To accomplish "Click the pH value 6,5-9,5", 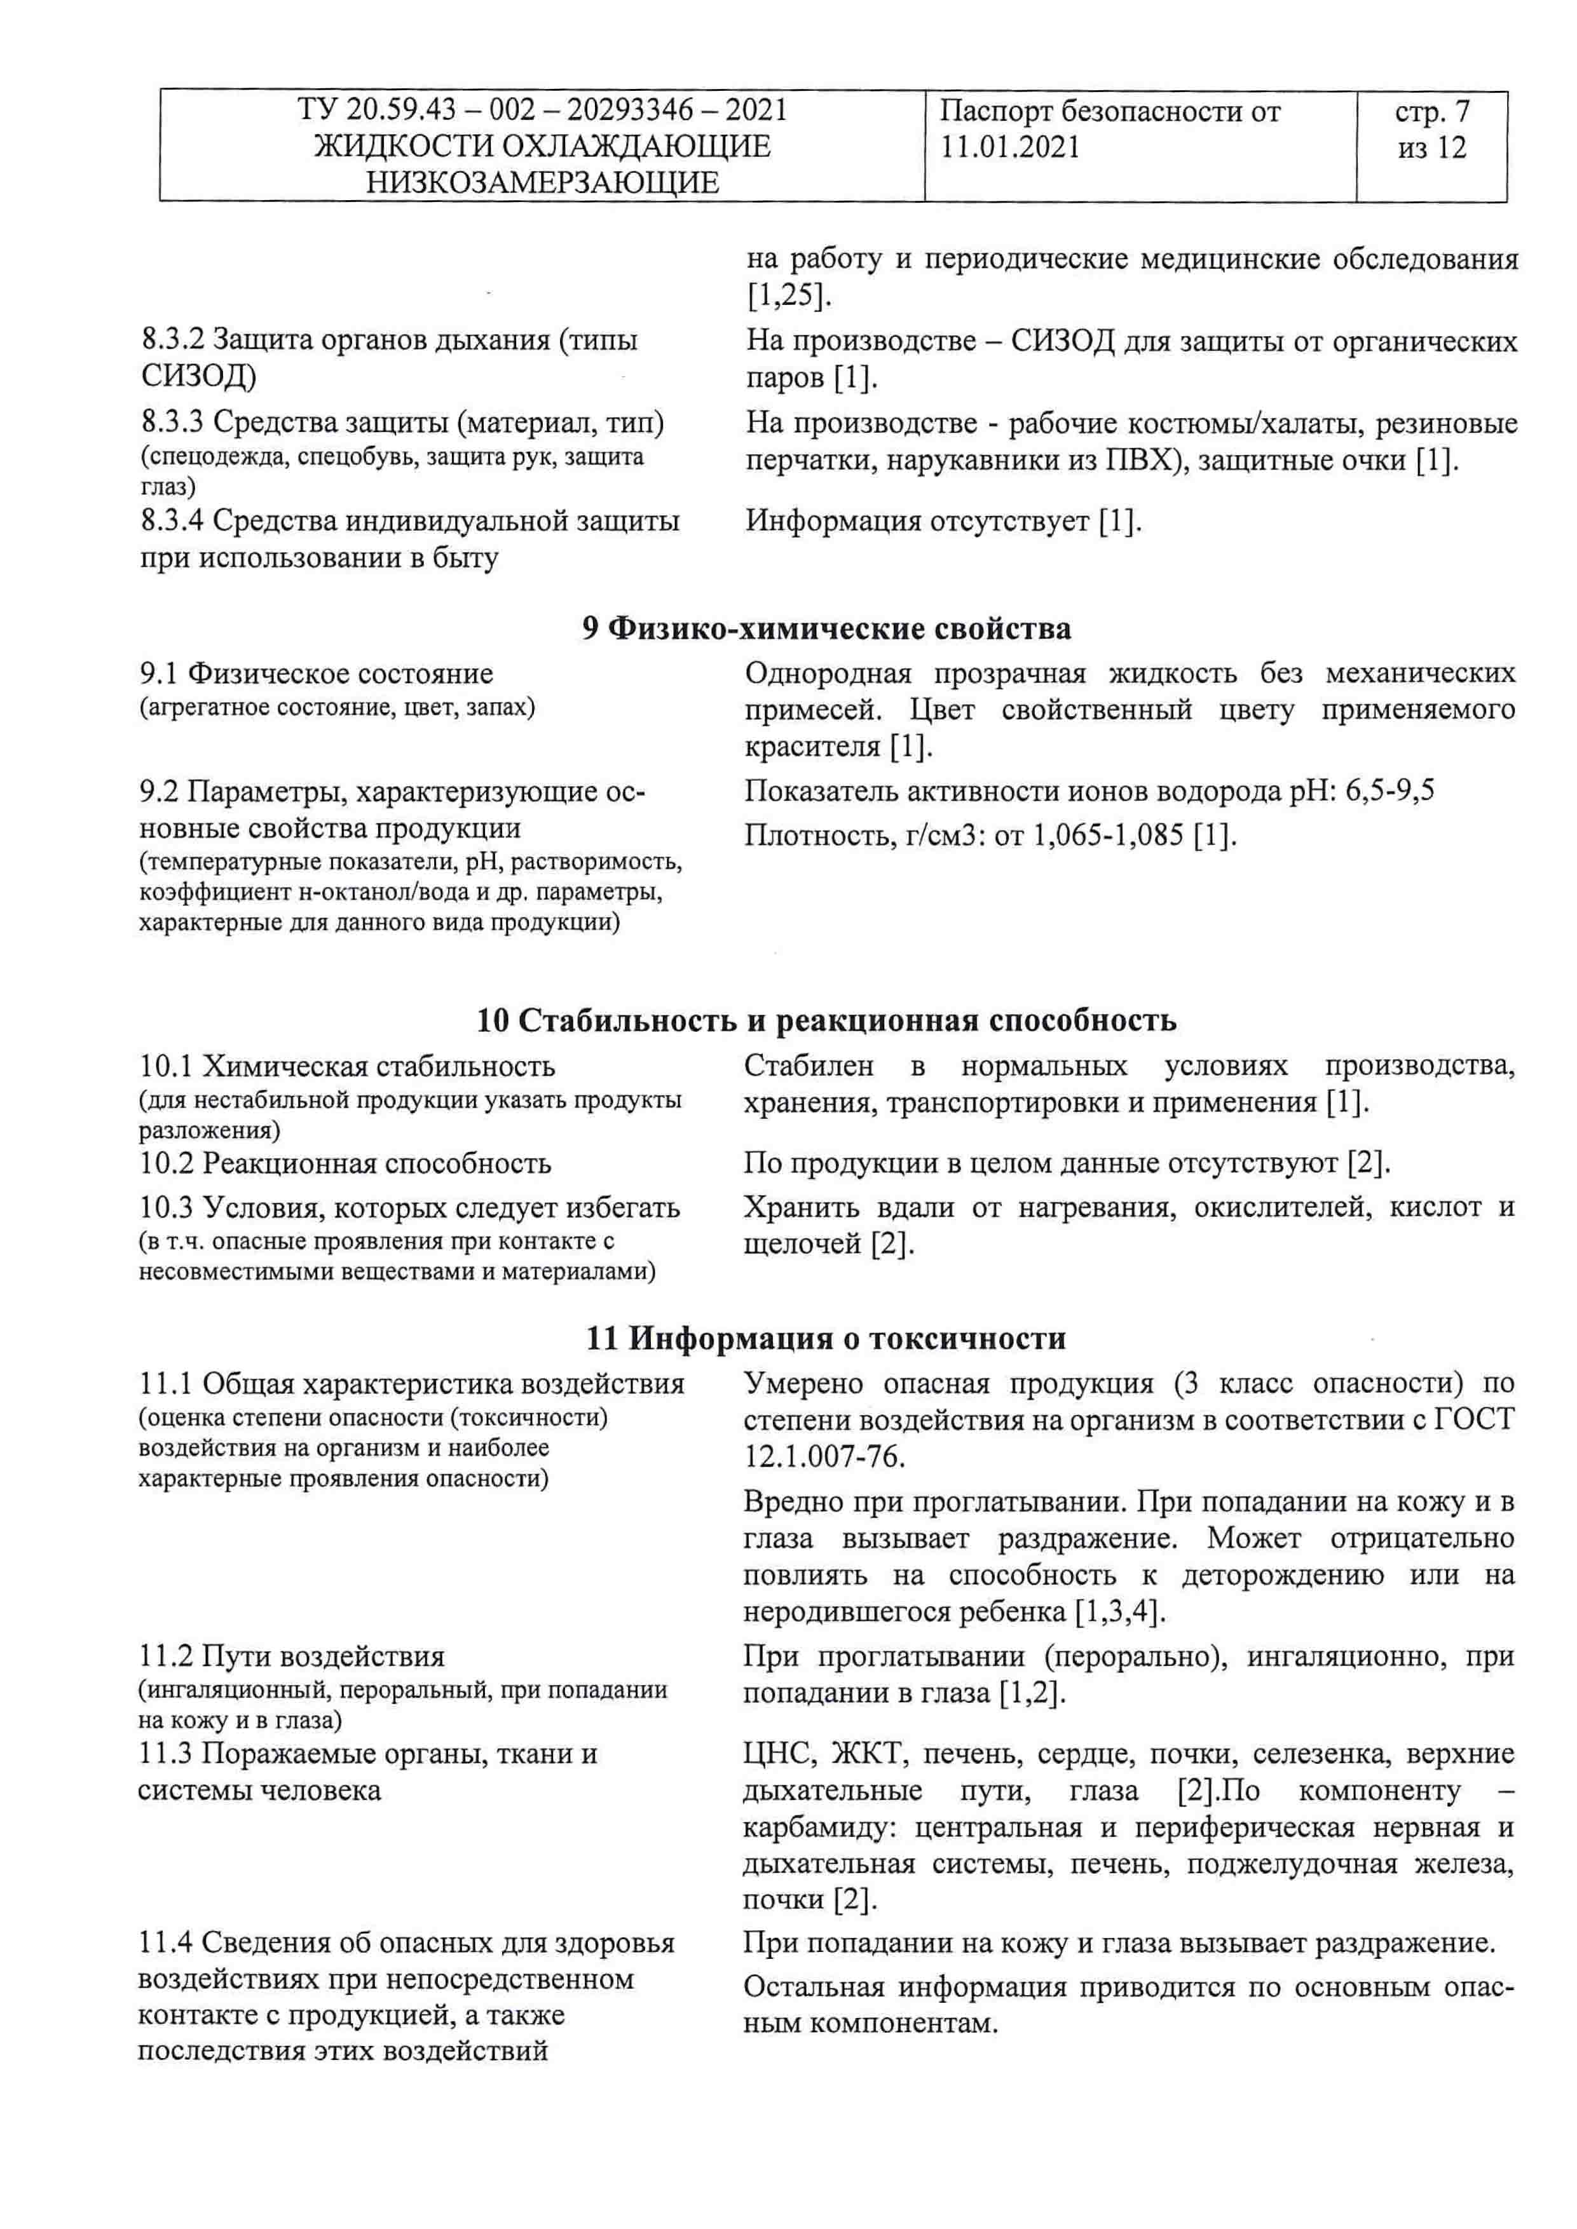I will tap(1389, 791).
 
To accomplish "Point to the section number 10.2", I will tap(167, 1163).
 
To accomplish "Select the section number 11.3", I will tap(167, 1754).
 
